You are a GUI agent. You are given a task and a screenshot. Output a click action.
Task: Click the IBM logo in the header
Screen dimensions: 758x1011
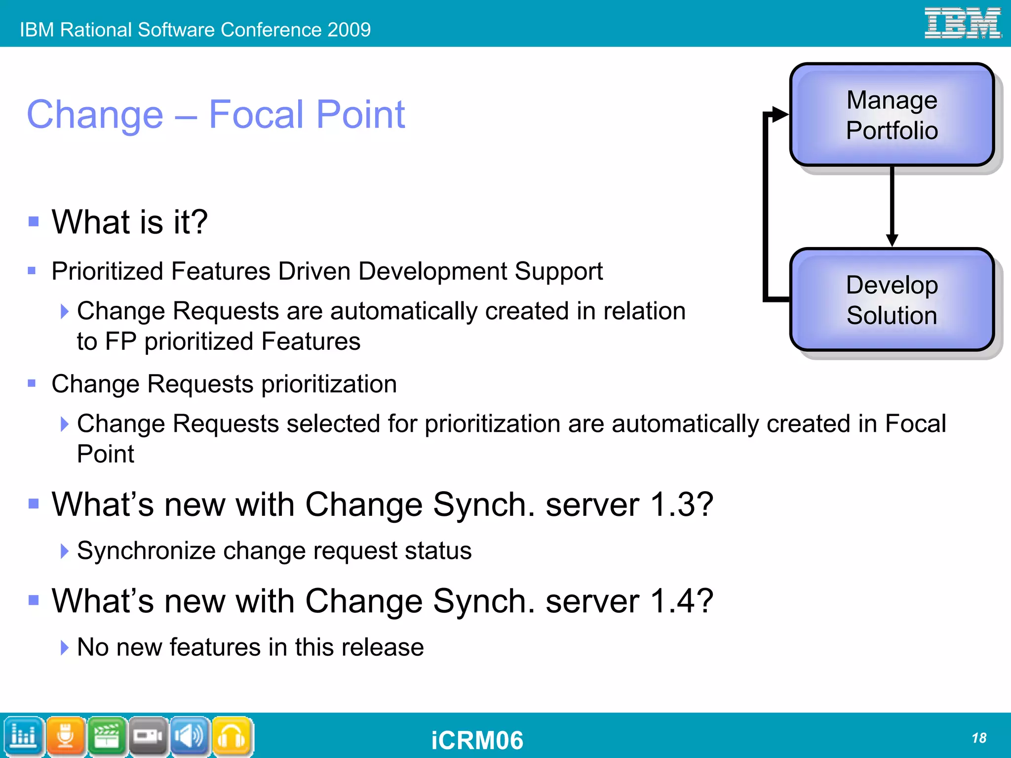click(962, 23)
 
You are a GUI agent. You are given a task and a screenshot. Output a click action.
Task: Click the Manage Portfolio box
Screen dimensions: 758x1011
click(892, 115)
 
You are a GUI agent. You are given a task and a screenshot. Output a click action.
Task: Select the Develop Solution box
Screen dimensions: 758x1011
click(892, 300)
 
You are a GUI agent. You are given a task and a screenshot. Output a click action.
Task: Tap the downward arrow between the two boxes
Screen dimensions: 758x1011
click(892, 208)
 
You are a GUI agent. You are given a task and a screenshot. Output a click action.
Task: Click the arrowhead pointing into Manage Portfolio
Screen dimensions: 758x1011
click(779, 114)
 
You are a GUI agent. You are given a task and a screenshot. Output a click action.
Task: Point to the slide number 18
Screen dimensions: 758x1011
click(978, 738)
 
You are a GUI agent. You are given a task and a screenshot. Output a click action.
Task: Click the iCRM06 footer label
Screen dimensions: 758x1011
click(477, 740)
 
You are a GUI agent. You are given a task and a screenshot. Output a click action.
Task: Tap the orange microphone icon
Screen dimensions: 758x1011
click(65, 736)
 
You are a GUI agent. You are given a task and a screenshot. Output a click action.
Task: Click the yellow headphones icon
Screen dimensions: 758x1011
click(232, 736)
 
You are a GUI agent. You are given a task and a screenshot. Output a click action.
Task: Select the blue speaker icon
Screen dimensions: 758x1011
click(190, 736)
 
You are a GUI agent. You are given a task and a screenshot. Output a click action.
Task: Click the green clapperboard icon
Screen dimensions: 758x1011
click(107, 736)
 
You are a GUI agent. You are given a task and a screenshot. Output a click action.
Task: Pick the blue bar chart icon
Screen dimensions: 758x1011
click(23, 736)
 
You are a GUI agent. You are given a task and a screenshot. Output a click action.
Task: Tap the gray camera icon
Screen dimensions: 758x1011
click(148, 736)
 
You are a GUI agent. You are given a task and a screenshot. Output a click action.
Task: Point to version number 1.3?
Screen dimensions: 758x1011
click(682, 505)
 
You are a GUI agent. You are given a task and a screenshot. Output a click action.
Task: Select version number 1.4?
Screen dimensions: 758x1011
click(682, 601)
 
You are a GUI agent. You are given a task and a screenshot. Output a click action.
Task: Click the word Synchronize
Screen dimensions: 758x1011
click(146, 550)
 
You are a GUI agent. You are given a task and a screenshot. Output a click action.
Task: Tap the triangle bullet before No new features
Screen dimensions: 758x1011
click(64, 647)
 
